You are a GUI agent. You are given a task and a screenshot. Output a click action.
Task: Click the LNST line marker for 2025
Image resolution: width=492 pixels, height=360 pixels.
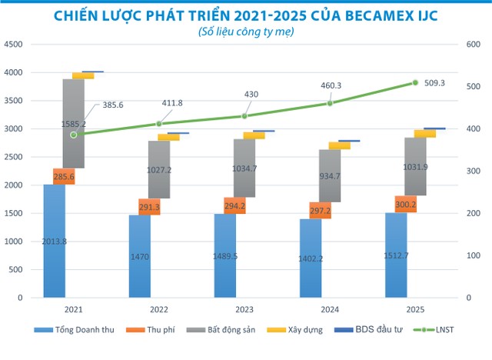pos(415,82)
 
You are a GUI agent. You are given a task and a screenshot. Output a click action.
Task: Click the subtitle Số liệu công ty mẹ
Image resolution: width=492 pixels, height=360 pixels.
pos(245,33)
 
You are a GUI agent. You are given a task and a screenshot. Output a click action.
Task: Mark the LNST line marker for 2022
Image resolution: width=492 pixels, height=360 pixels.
pos(159,123)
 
